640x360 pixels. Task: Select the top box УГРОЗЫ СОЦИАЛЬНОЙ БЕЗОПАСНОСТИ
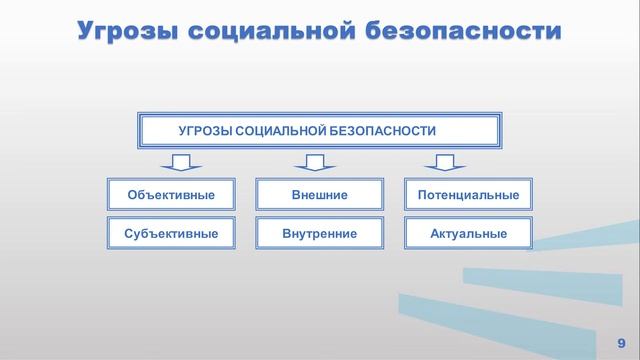click(x=318, y=131)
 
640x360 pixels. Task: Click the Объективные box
click(x=171, y=194)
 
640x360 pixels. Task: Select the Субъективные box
click(x=171, y=233)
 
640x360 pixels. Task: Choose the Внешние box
click(x=320, y=194)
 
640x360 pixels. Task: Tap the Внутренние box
click(x=320, y=233)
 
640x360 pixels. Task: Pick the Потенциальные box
click(x=468, y=194)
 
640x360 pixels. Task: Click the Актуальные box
click(x=468, y=233)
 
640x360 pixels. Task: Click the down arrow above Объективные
click(x=181, y=163)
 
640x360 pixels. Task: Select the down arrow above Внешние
click(x=315, y=163)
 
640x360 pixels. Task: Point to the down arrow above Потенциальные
click(x=445, y=163)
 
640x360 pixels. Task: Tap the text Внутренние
click(x=320, y=233)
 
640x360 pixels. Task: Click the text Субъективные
click(x=171, y=233)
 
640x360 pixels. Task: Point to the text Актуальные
click(x=468, y=233)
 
